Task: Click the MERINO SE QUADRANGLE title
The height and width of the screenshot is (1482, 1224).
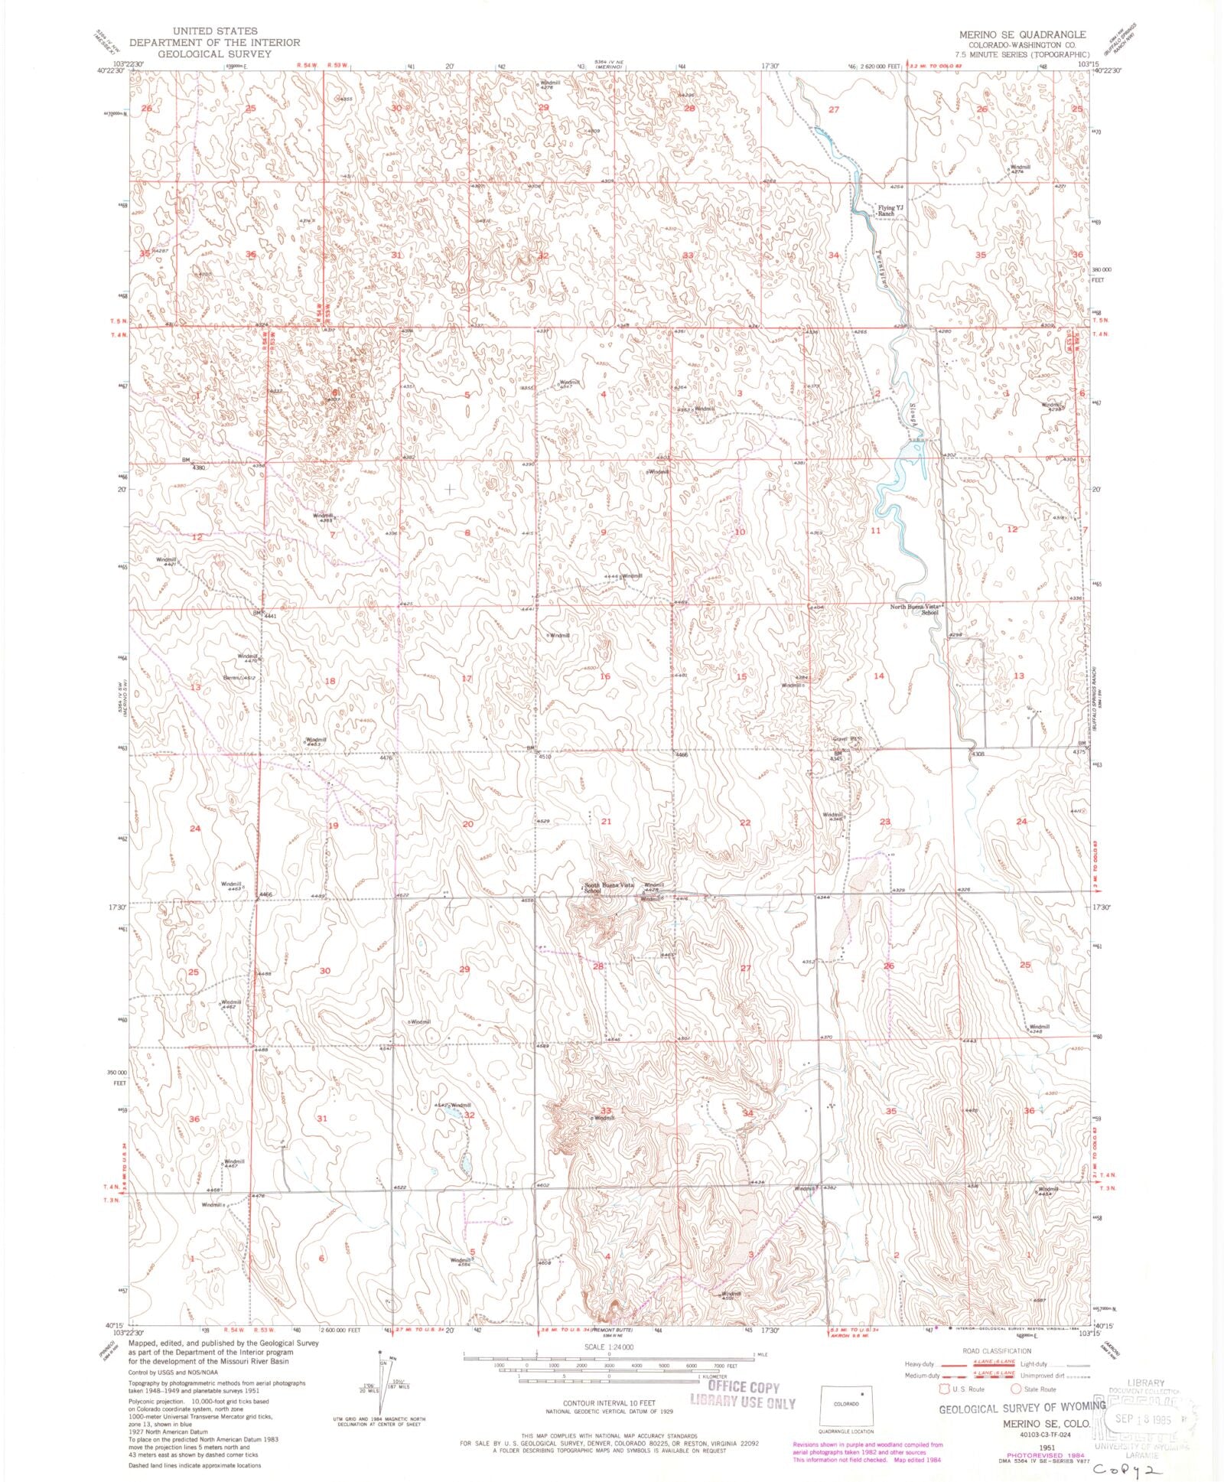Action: point(1022,35)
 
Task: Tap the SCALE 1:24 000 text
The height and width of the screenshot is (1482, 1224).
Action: point(609,1347)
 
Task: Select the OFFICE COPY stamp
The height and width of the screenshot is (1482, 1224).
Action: point(743,1387)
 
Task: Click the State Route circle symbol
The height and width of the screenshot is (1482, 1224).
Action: point(1016,1389)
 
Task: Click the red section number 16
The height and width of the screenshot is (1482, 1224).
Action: point(605,676)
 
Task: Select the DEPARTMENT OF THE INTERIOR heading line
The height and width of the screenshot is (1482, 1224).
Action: point(214,42)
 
